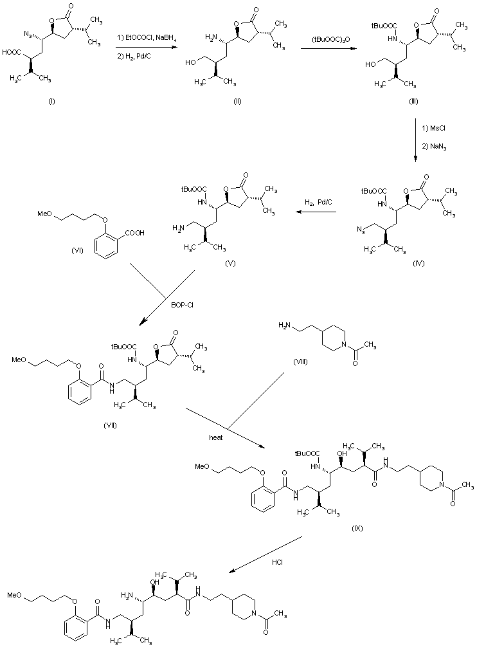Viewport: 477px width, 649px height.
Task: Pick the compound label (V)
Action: coord(230,264)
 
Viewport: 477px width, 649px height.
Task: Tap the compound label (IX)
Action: coord(357,528)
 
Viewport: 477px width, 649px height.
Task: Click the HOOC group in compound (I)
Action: coord(15,54)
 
